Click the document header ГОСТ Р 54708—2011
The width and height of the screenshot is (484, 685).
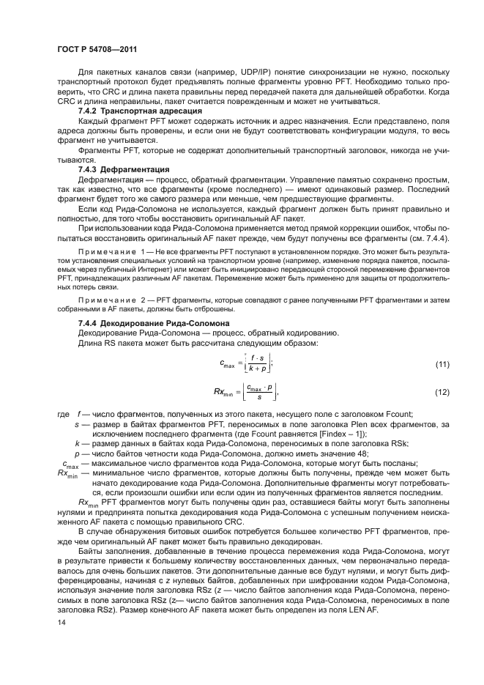(98, 50)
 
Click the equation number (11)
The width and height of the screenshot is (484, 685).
(442, 364)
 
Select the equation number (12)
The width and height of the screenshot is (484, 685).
(442, 393)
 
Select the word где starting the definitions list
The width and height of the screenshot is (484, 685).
(63, 414)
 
